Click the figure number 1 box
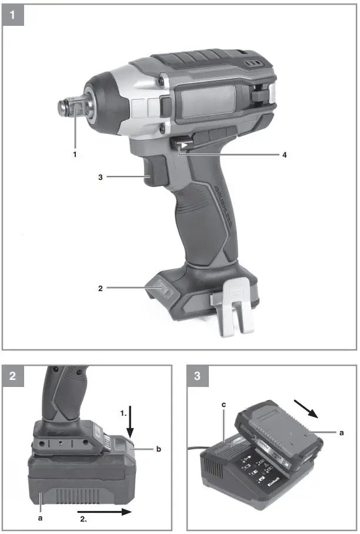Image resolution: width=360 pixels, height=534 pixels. coord(13,13)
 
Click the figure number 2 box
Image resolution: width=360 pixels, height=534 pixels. coord(13,377)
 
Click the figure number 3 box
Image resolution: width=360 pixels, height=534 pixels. coord(198,377)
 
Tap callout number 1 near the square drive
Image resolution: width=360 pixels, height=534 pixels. coord(75,155)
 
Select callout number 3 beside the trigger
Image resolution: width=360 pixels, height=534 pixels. coord(101,176)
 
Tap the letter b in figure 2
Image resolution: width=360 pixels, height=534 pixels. coord(158,449)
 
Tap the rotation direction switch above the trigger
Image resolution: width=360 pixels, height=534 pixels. coord(179,144)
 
